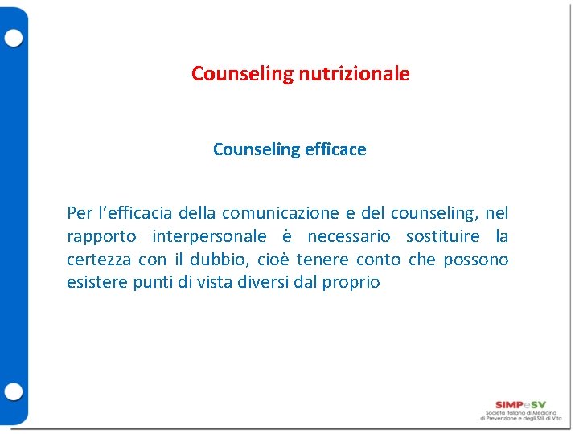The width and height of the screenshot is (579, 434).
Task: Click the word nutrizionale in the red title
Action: tap(354, 74)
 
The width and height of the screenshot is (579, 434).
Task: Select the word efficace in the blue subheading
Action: tap(335, 149)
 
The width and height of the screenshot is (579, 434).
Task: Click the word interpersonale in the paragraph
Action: tap(209, 236)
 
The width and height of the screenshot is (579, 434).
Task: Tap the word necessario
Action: tap(348, 236)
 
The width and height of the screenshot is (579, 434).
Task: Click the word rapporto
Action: tap(101, 236)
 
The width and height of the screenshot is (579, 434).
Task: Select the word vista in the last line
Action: tap(214, 283)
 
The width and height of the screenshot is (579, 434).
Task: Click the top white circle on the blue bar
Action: tap(14, 38)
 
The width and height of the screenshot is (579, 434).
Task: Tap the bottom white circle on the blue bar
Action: tap(14, 392)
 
